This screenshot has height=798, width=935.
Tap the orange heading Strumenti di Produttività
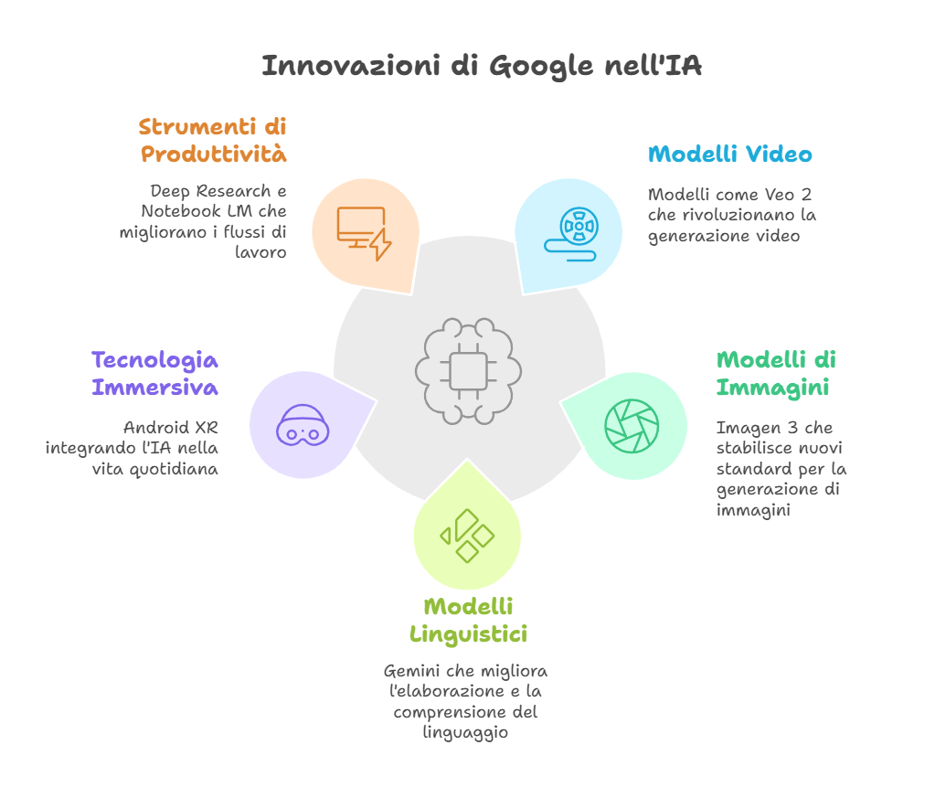[x=213, y=140]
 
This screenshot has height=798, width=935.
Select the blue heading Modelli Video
[x=729, y=154]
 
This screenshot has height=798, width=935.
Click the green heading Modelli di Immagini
[x=776, y=373]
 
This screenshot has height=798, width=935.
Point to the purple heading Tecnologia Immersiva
[x=154, y=373]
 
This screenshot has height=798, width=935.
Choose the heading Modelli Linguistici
[x=468, y=620]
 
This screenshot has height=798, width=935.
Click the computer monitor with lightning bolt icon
[x=364, y=232]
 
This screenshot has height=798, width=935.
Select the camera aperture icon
[x=631, y=426]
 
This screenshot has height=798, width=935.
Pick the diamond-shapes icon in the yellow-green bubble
[x=467, y=537]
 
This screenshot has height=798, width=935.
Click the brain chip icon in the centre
[x=468, y=370]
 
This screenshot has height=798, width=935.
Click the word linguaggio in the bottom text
[x=465, y=732]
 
